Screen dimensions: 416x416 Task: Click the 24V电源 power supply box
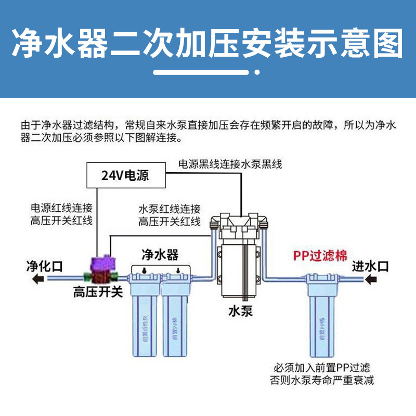click(x=125, y=175)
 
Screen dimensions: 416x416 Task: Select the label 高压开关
click(x=97, y=292)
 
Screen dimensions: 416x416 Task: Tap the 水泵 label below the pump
click(x=240, y=310)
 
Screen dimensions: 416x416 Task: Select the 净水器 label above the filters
click(x=160, y=254)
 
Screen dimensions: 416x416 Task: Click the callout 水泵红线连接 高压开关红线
click(x=169, y=215)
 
